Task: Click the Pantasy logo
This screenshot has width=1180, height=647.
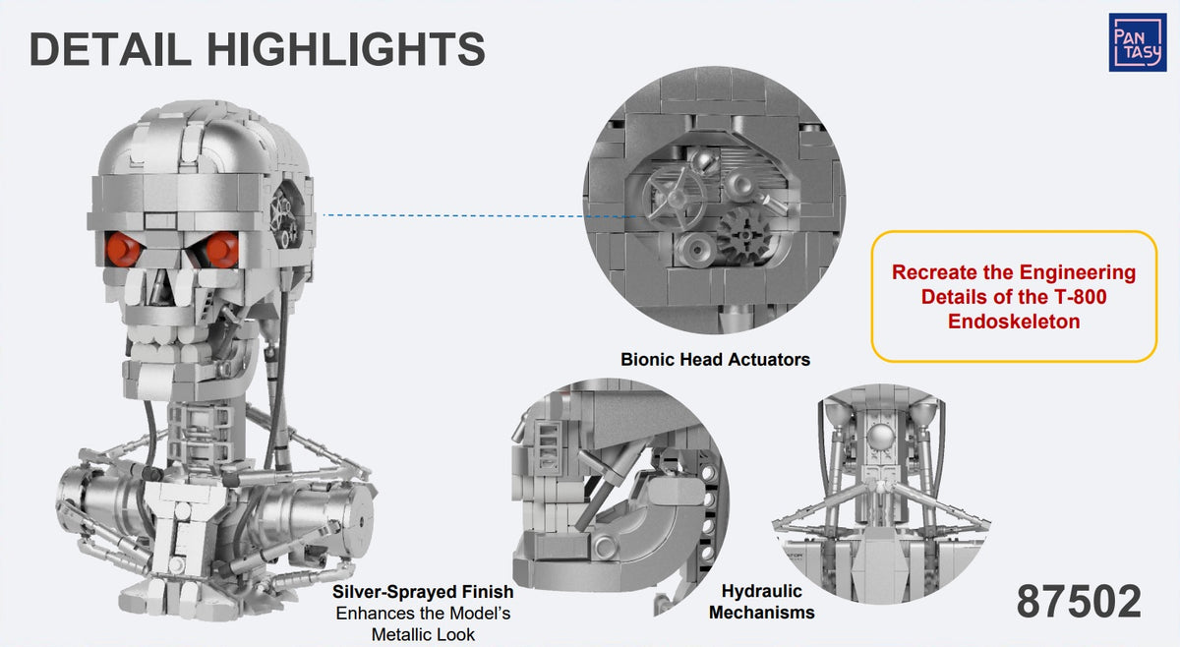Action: [x=1138, y=42]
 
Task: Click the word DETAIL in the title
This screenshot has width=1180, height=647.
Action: [x=110, y=49]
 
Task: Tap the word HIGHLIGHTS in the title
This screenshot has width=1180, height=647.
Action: [x=346, y=49]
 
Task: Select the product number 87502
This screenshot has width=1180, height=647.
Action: [x=1079, y=601]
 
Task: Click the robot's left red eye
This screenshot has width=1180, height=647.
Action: [x=123, y=249]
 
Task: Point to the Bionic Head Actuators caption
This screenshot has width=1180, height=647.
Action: [x=716, y=359]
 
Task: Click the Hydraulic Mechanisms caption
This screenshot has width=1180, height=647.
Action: [x=762, y=602]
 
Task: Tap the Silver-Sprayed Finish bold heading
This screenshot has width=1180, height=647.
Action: [x=423, y=592]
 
